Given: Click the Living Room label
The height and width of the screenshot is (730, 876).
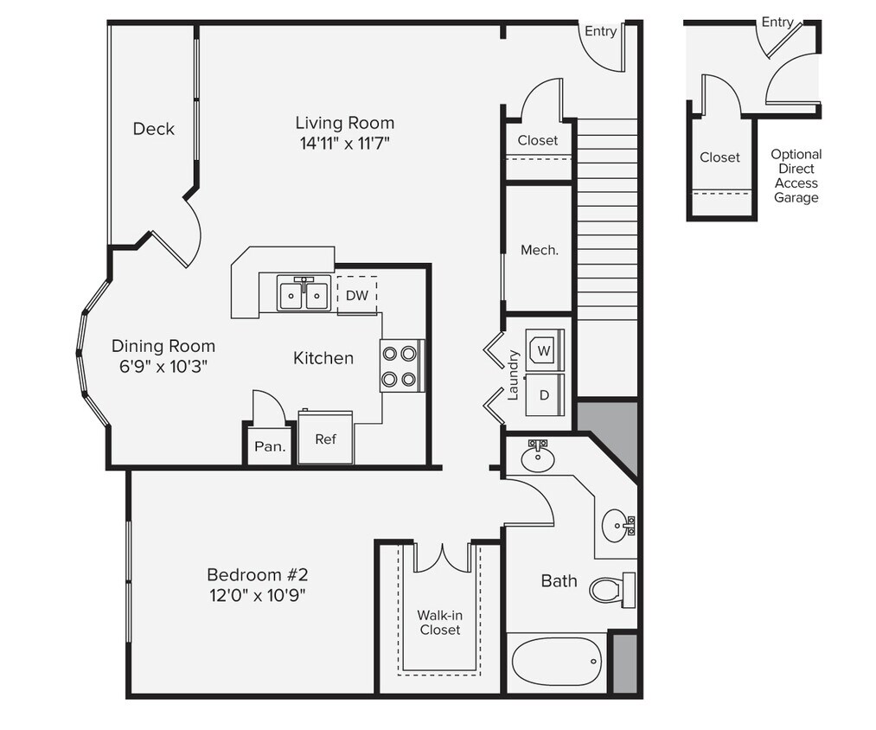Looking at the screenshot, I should point(344,123).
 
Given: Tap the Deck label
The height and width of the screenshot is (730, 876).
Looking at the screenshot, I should point(153,129).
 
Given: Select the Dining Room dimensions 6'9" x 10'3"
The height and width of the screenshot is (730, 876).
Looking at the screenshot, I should point(163,366).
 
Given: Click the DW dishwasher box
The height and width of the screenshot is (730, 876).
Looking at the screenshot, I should point(356,295).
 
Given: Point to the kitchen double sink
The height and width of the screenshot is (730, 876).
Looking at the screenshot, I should point(303,294).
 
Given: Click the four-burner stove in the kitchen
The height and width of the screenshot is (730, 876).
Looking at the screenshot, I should point(401,365).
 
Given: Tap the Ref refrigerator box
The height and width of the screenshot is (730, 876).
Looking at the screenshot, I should point(325,439).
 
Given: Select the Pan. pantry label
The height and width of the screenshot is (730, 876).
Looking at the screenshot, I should point(269,447).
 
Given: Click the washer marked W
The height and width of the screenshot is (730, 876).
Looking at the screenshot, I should point(544,351).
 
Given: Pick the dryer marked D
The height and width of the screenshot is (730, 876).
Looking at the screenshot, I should point(544,394).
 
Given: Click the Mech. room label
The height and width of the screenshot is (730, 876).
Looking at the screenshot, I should point(539,250).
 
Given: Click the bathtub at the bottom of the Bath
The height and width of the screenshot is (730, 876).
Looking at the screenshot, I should point(555,663).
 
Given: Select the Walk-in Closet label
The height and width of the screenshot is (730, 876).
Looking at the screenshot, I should point(440,622).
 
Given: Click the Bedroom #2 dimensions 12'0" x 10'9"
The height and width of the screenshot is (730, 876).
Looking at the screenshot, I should point(256,594).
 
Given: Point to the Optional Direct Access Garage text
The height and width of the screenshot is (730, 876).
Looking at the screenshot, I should point(796,176).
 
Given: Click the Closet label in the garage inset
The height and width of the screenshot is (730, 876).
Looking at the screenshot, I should point(719,157).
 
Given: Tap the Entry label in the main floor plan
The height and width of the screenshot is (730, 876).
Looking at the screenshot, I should point(600,31).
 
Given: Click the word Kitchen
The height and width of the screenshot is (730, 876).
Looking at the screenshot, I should point(323,357).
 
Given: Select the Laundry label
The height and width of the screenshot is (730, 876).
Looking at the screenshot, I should point(513,375).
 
